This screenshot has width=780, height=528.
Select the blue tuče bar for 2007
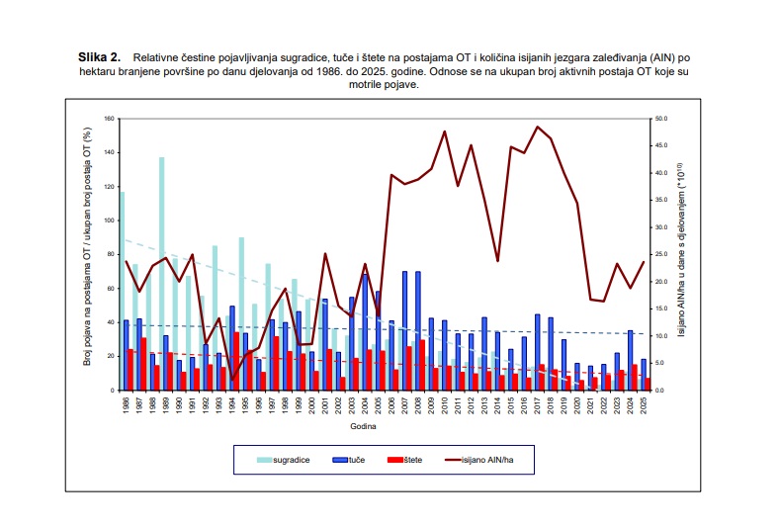(x=405, y=330)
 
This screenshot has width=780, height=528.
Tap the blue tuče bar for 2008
(x=418, y=330)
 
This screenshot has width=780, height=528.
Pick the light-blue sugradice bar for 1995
(x=241, y=313)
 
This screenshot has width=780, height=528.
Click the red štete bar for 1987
(x=143, y=364)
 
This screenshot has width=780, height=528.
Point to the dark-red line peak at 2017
(x=538, y=127)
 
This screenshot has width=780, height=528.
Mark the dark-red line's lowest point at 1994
(x=233, y=380)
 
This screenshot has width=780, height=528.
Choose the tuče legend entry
(x=367, y=460)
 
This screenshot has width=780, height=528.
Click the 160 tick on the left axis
(x=110, y=119)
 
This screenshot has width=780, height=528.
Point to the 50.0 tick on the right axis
(x=661, y=119)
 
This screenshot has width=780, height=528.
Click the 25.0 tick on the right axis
(x=661, y=254)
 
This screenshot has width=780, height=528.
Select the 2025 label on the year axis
(x=644, y=406)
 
